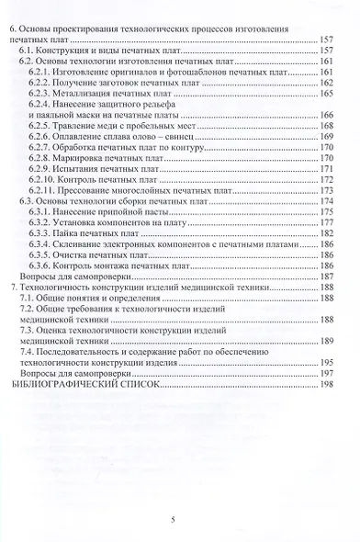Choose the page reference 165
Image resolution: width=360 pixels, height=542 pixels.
click(x=326, y=94)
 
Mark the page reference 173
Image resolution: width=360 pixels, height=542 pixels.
click(x=326, y=191)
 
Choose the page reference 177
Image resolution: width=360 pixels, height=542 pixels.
click(x=326, y=223)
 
